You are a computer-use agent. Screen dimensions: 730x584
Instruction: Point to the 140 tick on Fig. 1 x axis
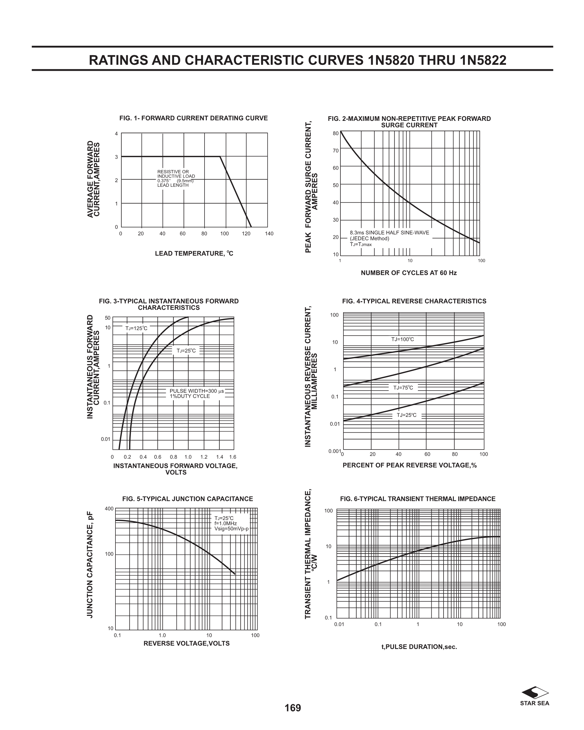pyautogui.click(x=269, y=234)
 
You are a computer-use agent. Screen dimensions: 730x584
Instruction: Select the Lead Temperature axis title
pyautogui.click(x=194, y=254)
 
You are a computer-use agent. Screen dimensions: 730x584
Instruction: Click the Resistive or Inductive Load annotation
pyautogui.click(x=176, y=178)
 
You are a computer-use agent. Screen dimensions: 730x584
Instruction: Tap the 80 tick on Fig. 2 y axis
pyautogui.click(x=336, y=134)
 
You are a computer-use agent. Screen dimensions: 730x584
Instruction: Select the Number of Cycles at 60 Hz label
pyautogui.click(x=409, y=273)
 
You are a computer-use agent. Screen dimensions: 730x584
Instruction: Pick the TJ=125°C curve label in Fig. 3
pyautogui.click(x=136, y=328)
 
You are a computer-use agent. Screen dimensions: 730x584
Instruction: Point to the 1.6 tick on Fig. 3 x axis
pyautogui.click(x=233, y=457)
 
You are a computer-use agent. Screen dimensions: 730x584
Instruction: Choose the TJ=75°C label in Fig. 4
pyautogui.click(x=403, y=388)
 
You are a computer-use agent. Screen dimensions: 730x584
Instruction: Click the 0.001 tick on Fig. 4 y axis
pyautogui.click(x=334, y=451)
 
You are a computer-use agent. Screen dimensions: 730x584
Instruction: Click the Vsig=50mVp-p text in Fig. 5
pyautogui.click(x=231, y=529)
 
